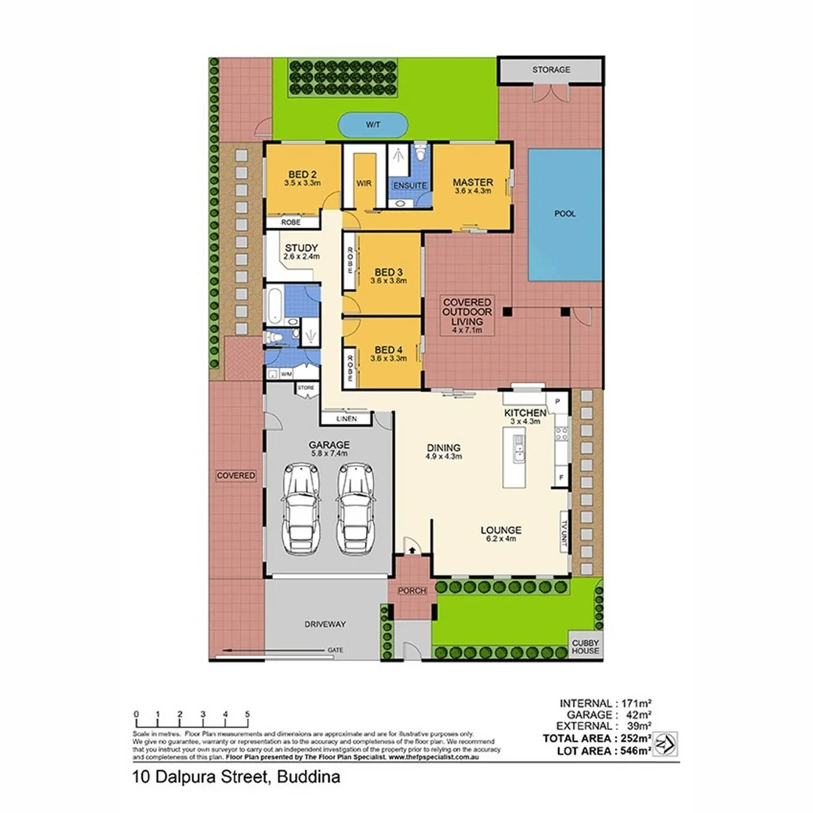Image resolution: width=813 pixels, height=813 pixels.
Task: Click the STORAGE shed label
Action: pos(551,69)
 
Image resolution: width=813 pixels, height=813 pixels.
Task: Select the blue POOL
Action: pos(565,214)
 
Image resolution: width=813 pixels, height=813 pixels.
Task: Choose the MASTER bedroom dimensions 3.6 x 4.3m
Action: pos(473,192)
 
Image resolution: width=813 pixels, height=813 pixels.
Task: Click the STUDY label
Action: pos(301,248)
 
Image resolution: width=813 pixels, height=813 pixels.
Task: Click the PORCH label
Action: pos(412,591)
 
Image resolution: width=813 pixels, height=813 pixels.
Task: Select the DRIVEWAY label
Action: pos(325,624)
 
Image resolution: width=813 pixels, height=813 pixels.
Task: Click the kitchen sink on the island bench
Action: pos(519,452)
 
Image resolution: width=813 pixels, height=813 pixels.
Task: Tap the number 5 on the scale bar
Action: pos(248,714)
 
